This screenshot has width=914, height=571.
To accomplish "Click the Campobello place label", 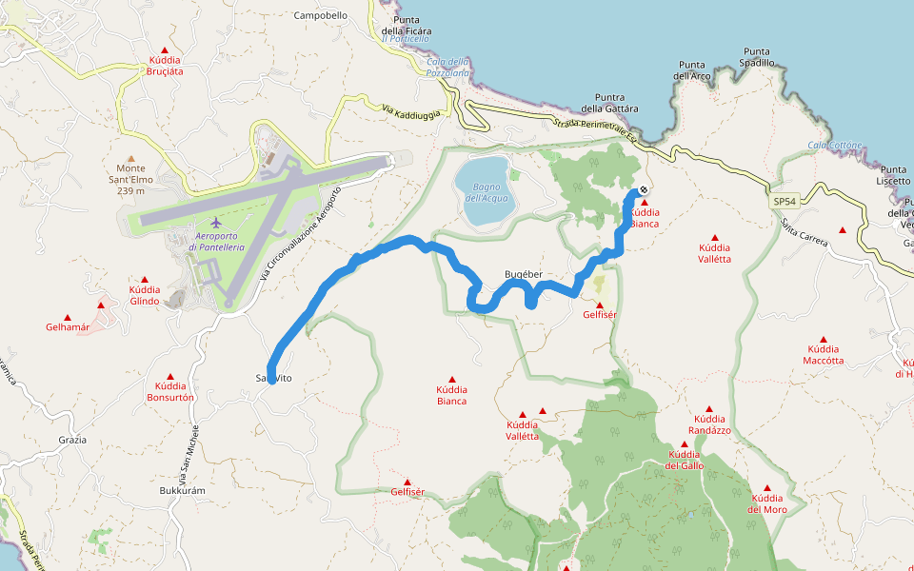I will click(x=321, y=15).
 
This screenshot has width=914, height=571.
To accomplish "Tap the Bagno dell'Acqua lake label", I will click(x=487, y=192).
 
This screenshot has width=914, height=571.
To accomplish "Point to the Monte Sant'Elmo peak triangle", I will click(x=131, y=159).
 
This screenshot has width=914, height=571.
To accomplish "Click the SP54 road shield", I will click(x=785, y=202).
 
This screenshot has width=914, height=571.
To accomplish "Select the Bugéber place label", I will click(x=523, y=274).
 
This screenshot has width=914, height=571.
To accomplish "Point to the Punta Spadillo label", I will click(x=757, y=57).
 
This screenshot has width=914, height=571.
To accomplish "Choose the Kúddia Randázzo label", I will click(x=710, y=424).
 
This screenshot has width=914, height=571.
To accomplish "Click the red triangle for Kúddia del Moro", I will click(x=766, y=488).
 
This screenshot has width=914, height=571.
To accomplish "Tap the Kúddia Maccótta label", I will click(x=823, y=355).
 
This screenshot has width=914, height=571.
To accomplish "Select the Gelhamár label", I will click(x=67, y=327).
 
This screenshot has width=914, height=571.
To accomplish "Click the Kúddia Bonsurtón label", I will click(x=170, y=391).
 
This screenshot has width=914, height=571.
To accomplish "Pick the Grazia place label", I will click(x=72, y=440).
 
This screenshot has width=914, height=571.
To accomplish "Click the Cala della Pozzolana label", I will click(x=448, y=67).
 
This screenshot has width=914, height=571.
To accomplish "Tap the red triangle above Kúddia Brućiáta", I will click(x=165, y=50).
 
